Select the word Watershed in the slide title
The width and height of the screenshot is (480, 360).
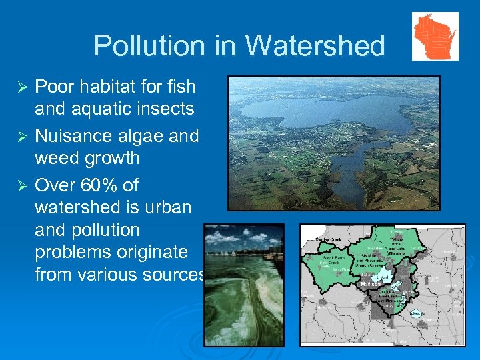pyautogui.click(x=315, y=45)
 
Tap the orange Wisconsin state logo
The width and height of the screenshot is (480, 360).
pyautogui.click(x=435, y=36)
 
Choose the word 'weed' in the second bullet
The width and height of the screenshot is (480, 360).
pyautogui.click(x=59, y=159)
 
